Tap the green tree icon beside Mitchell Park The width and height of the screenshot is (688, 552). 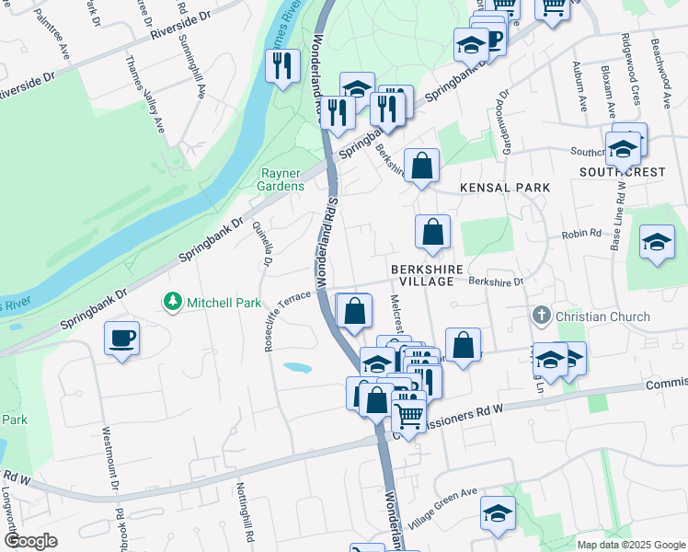(171, 301)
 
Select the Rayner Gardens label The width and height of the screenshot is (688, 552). (281, 179)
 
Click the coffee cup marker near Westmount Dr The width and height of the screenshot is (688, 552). (122, 339)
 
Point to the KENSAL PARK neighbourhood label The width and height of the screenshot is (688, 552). (505, 188)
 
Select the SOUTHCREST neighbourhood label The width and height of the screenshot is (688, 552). (621, 172)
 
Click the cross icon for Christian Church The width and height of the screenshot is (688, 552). (542, 316)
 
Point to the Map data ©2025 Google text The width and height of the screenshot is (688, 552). (630, 545)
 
